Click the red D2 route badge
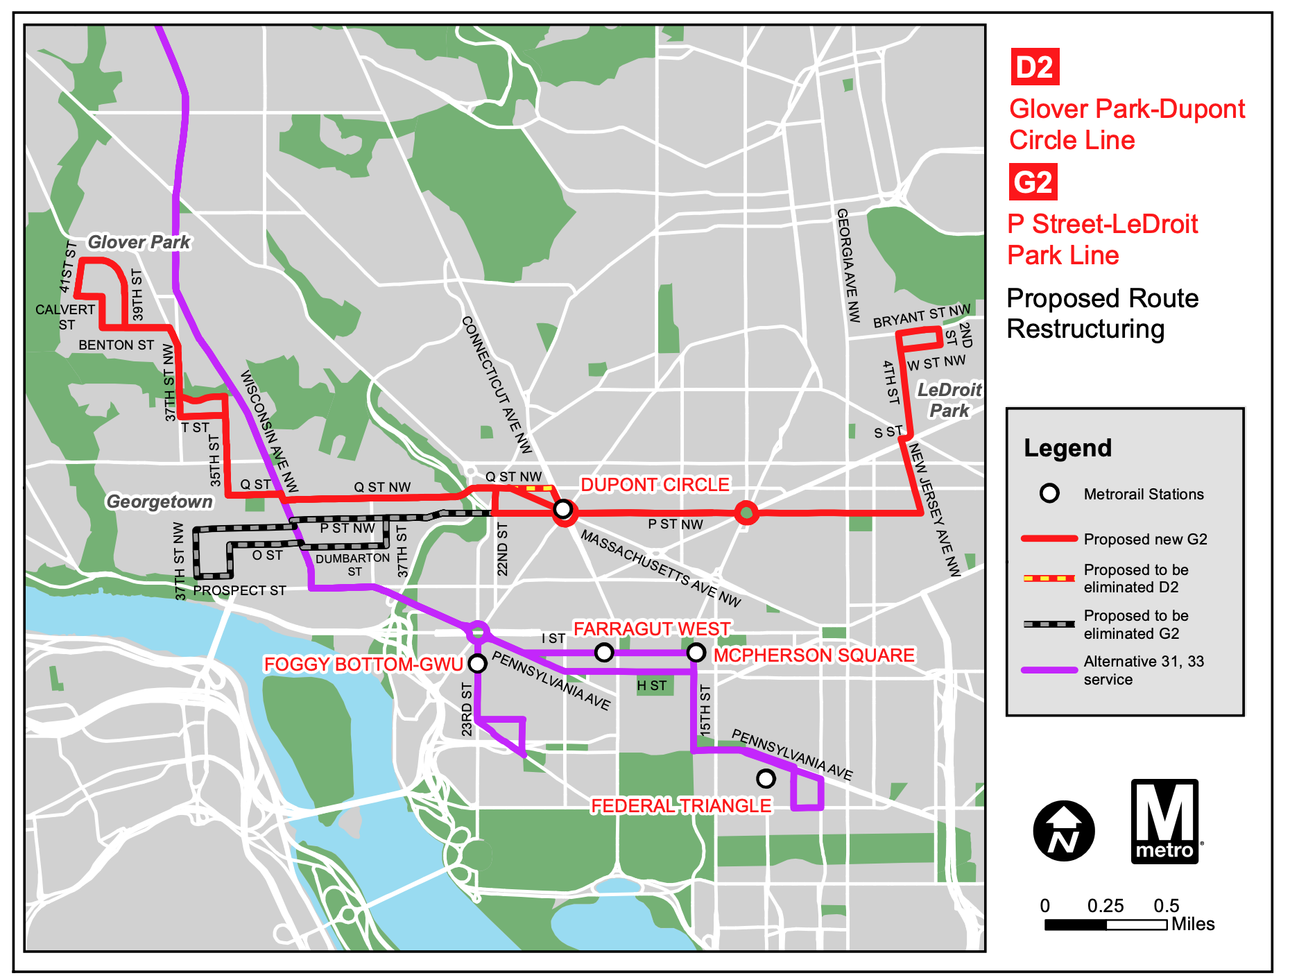(1034, 67)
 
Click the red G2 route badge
(1033, 182)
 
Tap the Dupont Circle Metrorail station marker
(563, 510)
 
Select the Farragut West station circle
(604, 652)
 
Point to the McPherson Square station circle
(696, 652)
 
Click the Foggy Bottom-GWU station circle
(477, 664)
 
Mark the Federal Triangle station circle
(765, 778)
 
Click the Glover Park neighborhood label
(139, 242)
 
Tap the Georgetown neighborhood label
(160, 501)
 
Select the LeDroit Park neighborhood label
(949, 400)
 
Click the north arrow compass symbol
(1063, 830)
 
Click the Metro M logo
(1165, 821)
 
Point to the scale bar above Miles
(1106, 925)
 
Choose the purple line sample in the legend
(1049, 670)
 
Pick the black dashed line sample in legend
(1049, 624)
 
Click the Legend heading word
(1067, 448)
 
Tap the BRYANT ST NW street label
(921, 316)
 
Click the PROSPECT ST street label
(239, 590)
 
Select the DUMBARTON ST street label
(353, 564)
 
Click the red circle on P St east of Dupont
(746, 513)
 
